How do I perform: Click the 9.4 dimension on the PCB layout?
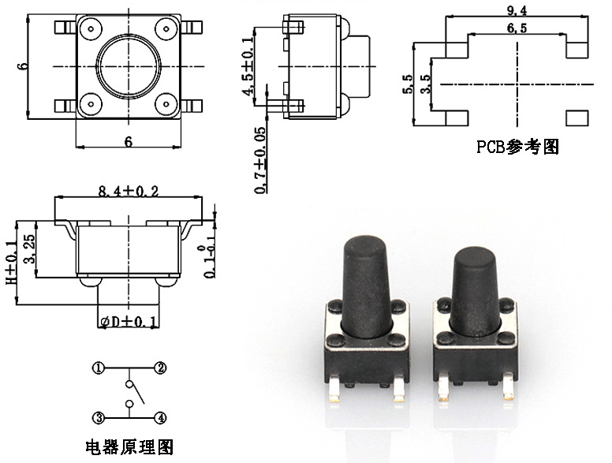[x=517, y=11]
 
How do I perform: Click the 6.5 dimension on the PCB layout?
[x=517, y=28]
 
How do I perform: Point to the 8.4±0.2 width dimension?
[x=128, y=192]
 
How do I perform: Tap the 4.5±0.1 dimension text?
[x=248, y=66]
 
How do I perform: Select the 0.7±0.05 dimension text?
[x=260, y=160]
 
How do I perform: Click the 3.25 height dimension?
[x=29, y=248]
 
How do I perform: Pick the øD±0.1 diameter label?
[x=129, y=322]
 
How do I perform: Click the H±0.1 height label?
[x=11, y=263]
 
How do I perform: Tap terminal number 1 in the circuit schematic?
[x=99, y=368]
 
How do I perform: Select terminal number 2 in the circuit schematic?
[x=160, y=368]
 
